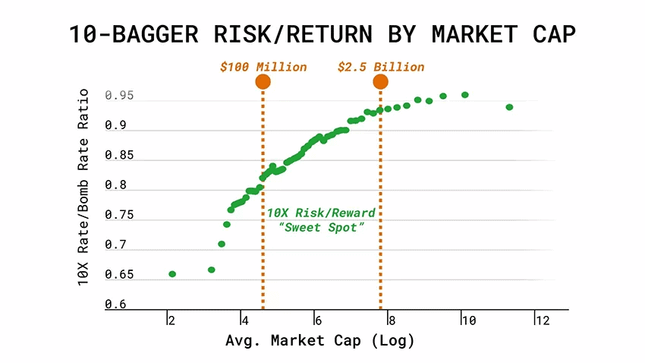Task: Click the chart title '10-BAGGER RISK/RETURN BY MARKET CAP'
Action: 322,34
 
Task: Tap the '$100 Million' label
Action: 263,67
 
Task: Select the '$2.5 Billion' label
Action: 381,67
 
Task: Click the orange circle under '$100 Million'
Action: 263,82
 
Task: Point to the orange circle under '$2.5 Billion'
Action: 381,82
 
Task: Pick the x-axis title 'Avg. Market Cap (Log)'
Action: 320,341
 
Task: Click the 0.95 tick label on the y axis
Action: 119,96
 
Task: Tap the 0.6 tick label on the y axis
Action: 115,304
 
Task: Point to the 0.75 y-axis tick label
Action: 119,215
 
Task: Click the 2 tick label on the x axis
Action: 172,320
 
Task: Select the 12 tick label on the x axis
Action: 541,320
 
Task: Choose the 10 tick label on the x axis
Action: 467,320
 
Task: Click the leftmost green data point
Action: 172,273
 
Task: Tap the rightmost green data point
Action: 509,107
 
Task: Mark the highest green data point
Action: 465,95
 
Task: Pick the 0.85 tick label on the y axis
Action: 119,156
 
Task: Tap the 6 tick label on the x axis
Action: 319,320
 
